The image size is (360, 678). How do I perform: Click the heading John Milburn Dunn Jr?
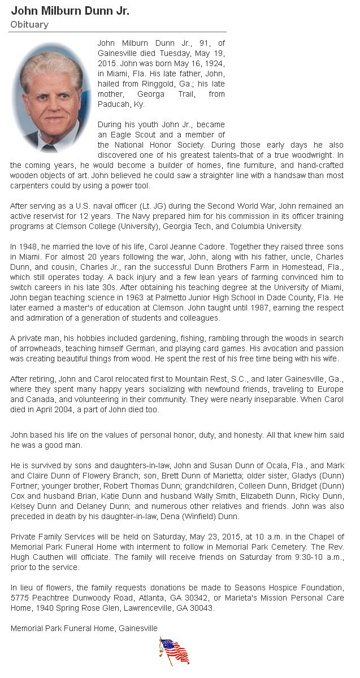70,11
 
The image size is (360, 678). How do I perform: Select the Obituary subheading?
29,25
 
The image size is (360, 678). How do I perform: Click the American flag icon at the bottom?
174,651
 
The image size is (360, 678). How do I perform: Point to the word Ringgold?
171,84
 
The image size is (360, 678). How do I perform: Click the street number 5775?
20,598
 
